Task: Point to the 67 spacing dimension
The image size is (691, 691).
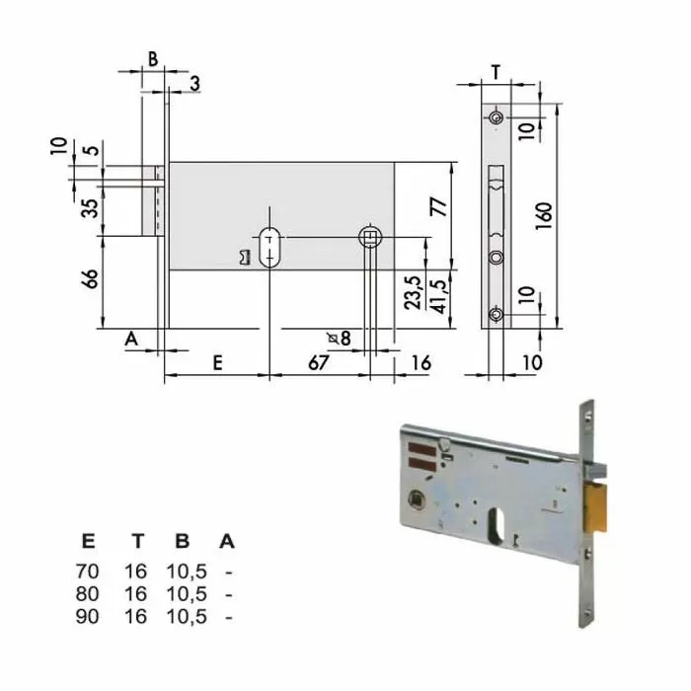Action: click(317, 362)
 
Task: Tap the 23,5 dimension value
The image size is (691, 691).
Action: click(413, 292)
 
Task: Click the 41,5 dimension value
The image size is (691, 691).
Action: click(439, 292)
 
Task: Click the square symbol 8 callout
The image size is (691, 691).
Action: click(340, 338)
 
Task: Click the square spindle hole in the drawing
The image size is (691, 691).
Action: click(370, 237)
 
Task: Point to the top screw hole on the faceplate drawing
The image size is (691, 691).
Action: click(497, 118)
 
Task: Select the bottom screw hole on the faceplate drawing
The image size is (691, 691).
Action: click(497, 315)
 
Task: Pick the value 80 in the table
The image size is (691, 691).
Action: click(89, 593)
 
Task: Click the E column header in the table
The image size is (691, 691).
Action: click(89, 541)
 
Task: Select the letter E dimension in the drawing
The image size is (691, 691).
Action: click(217, 362)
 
